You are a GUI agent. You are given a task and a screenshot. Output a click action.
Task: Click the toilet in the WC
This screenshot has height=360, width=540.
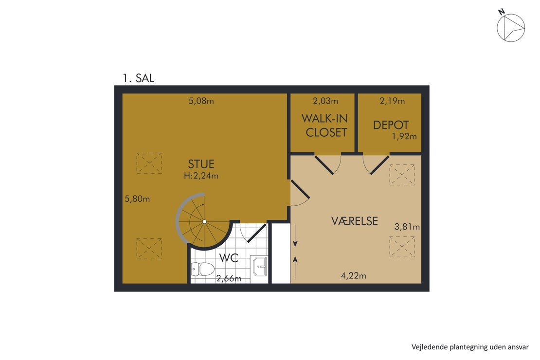(x=202, y=269)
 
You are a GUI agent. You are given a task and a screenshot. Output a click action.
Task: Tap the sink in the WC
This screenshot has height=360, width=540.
(x=259, y=266)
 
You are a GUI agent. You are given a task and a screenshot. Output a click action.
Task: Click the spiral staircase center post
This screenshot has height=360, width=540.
(x=204, y=222)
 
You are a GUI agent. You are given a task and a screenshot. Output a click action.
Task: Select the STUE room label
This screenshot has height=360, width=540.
(x=201, y=163)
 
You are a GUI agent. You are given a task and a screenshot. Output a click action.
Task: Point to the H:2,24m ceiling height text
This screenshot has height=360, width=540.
(x=201, y=176)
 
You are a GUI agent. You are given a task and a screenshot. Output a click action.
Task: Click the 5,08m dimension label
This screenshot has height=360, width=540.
(x=201, y=101)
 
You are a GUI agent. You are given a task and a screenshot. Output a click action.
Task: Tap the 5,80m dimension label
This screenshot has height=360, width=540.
(x=137, y=199)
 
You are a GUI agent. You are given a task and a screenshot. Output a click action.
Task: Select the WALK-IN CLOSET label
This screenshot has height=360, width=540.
(x=325, y=126)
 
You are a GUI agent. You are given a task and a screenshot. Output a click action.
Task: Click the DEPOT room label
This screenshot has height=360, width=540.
(x=391, y=125)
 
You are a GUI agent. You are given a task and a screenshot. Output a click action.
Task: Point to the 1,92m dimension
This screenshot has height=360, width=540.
(x=404, y=136)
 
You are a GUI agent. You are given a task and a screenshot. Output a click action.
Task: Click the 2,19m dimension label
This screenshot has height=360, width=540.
(x=392, y=101)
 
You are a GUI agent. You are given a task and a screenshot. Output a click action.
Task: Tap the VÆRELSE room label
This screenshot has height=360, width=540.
(x=355, y=221)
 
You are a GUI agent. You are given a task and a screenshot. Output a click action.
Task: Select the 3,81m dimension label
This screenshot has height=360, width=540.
(x=407, y=227)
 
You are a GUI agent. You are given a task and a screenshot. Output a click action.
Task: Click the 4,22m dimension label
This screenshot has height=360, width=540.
(x=353, y=276)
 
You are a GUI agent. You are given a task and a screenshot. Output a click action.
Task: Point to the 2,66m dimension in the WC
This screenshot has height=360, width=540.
(x=229, y=278)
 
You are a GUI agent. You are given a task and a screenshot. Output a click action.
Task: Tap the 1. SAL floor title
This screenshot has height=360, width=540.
(x=139, y=78)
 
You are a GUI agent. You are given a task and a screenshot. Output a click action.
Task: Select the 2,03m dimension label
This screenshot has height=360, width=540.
(x=325, y=101)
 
